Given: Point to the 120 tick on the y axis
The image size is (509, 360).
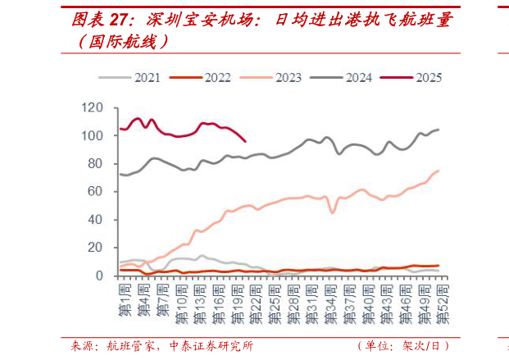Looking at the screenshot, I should click(x=93, y=107).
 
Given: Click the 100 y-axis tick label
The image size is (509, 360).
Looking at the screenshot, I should click(x=93, y=135).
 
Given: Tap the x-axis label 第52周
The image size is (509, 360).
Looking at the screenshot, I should click(x=443, y=302).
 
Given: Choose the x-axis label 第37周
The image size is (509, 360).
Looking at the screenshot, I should click(x=350, y=302).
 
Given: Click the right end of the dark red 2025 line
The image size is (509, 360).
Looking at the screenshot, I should click(x=245, y=141).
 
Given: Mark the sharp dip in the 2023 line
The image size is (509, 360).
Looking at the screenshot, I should click(x=333, y=212).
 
